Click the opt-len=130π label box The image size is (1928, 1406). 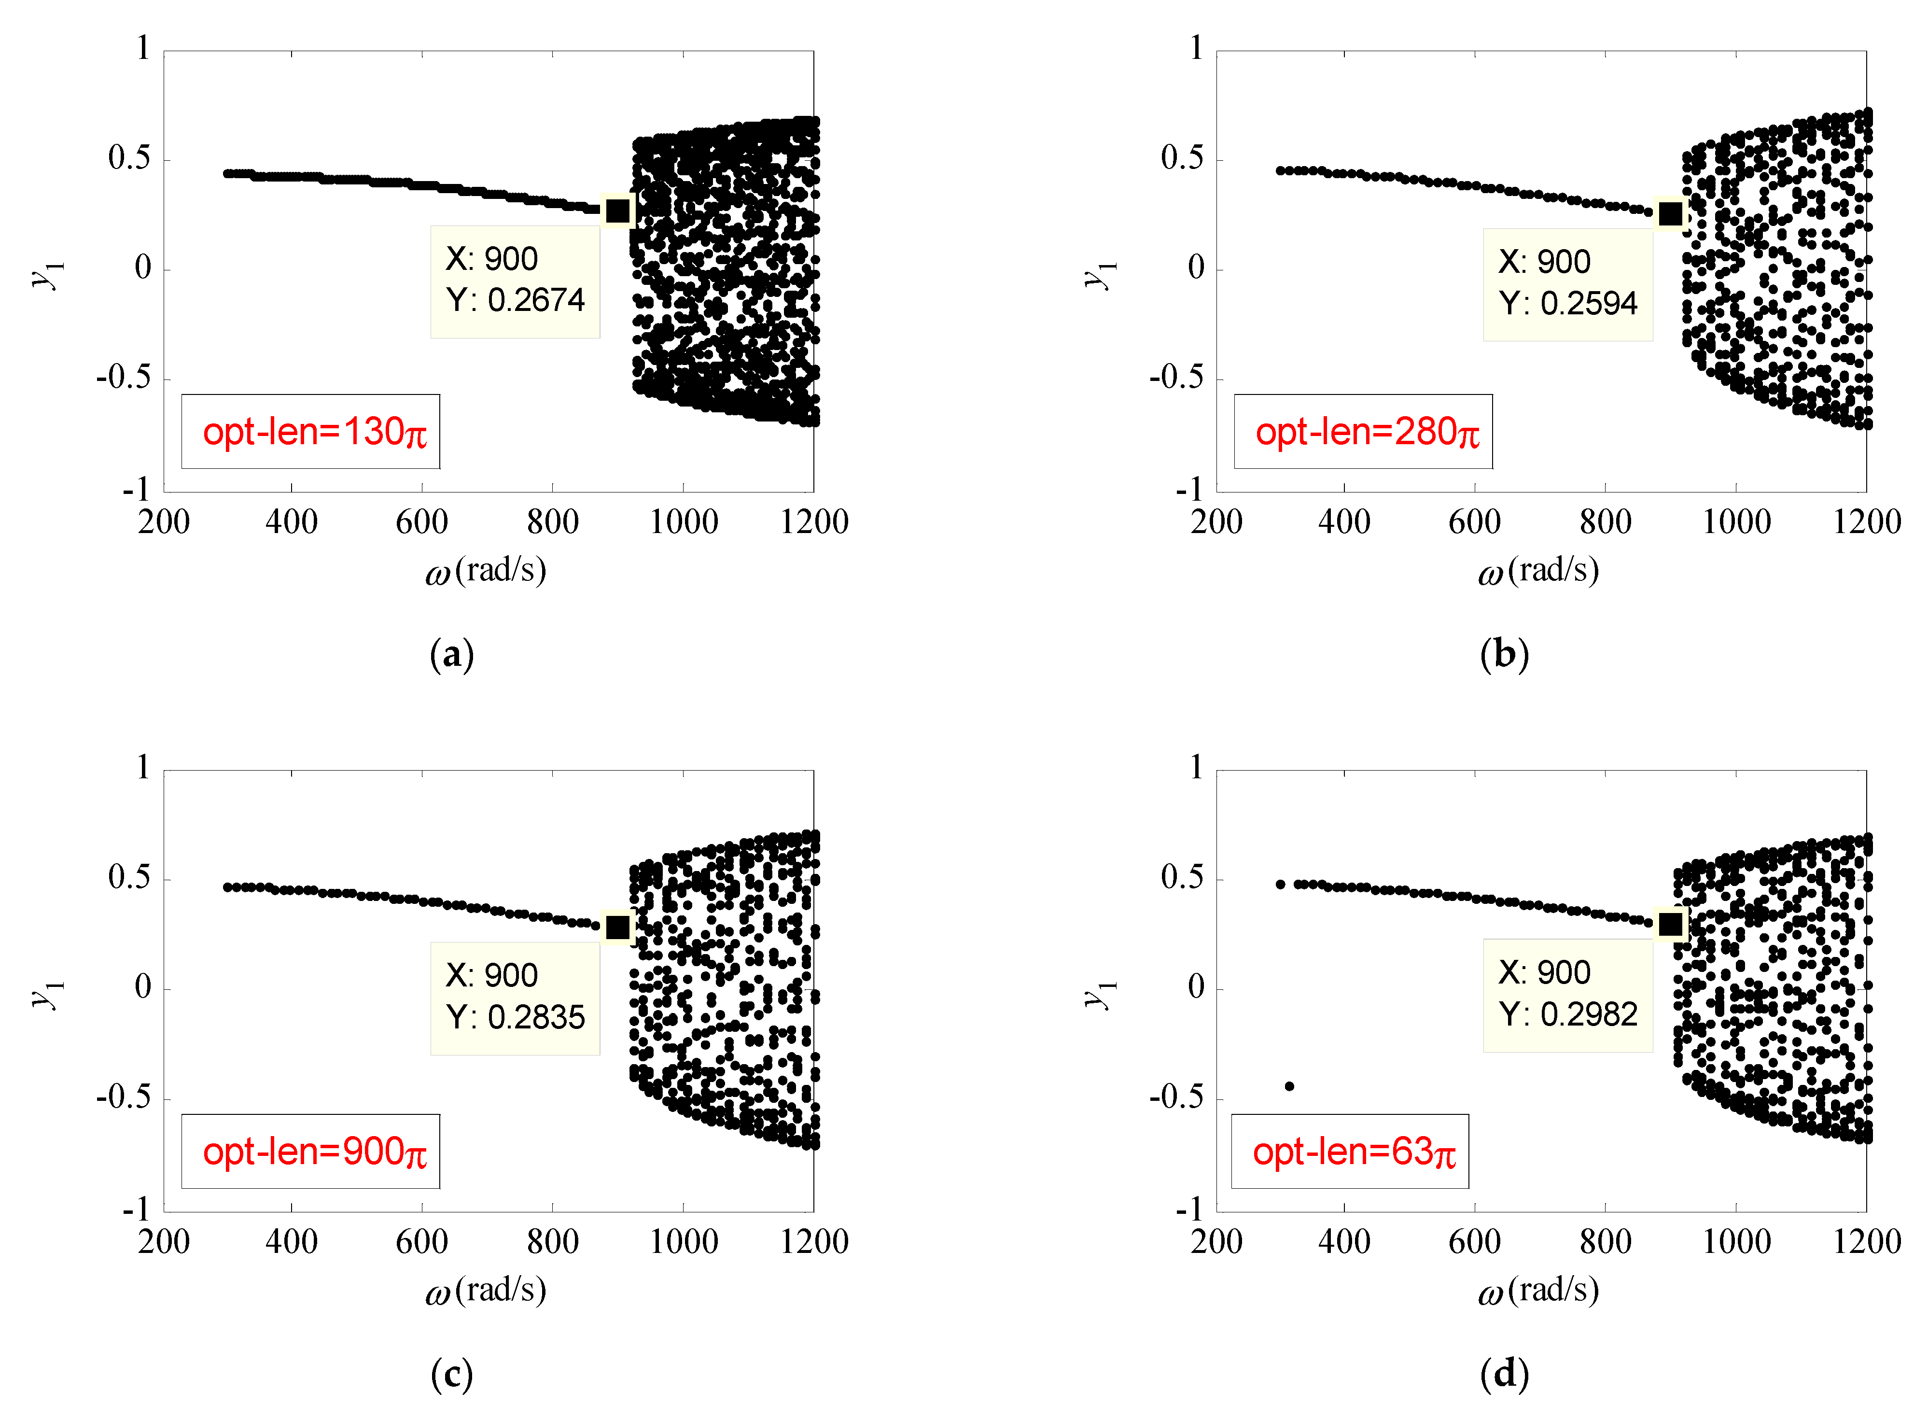pyautogui.click(x=310, y=432)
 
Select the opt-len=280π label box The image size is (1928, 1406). pyautogui.click(x=1363, y=432)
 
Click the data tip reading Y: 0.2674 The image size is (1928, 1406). pyautogui.click(x=515, y=281)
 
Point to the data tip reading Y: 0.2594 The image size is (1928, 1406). pyautogui.click(x=1567, y=284)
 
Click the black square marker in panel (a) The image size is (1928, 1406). pyautogui.click(x=618, y=210)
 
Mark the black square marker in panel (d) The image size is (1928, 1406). pyautogui.click(x=1670, y=924)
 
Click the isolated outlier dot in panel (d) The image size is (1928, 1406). pyautogui.click(x=1290, y=1086)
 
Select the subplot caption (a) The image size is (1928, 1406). pyautogui.click(x=452, y=655)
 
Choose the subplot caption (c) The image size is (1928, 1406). pyautogui.click(x=452, y=1374)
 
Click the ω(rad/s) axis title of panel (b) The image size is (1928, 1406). pyautogui.click(x=1538, y=570)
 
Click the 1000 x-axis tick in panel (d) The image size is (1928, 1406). pyautogui.click(x=1736, y=1241)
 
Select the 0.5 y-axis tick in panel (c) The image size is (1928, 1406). pyautogui.click(x=129, y=877)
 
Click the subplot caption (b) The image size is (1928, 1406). pyautogui.click(x=1504, y=655)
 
